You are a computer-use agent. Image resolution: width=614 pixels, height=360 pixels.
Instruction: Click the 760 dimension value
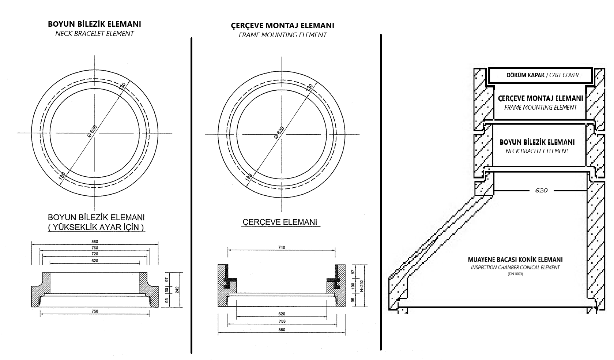tap(95, 248)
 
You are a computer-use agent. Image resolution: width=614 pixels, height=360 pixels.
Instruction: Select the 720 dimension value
tap(95, 254)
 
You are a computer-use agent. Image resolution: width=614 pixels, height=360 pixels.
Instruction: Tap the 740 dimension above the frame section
tap(281, 247)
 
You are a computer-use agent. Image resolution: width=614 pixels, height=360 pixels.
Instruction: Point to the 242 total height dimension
tap(177, 290)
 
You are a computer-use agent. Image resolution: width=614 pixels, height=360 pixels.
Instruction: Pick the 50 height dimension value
tap(167, 290)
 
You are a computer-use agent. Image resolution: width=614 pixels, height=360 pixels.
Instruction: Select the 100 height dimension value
tap(353, 285)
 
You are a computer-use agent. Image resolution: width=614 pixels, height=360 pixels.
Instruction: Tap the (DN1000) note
tap(515, 274)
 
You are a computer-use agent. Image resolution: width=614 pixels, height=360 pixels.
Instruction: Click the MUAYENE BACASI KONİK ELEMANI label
tap(515, 260)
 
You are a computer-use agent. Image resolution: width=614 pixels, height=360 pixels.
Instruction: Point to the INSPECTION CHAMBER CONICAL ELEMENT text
tap(515, 267)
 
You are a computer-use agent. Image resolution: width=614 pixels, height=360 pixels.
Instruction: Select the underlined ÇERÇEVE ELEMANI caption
tap(280, 222)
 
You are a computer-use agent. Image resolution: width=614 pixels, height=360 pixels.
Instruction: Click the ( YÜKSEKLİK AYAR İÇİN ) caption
tap(96, 227)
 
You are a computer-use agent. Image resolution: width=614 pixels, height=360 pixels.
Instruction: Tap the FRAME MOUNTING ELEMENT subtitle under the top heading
tap(282, 35)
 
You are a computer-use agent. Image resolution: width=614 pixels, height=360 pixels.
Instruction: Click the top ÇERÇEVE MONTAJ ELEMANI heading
tap(282, 26)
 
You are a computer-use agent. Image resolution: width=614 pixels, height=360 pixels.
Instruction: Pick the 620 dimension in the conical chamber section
tap(541, 190)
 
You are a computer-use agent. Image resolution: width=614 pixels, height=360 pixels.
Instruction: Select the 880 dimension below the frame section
tap(281, 330)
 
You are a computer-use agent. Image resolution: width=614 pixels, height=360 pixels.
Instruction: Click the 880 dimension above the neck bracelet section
tap(95, 241)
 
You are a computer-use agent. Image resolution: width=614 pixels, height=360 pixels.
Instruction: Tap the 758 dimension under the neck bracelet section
tap(95, 311)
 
